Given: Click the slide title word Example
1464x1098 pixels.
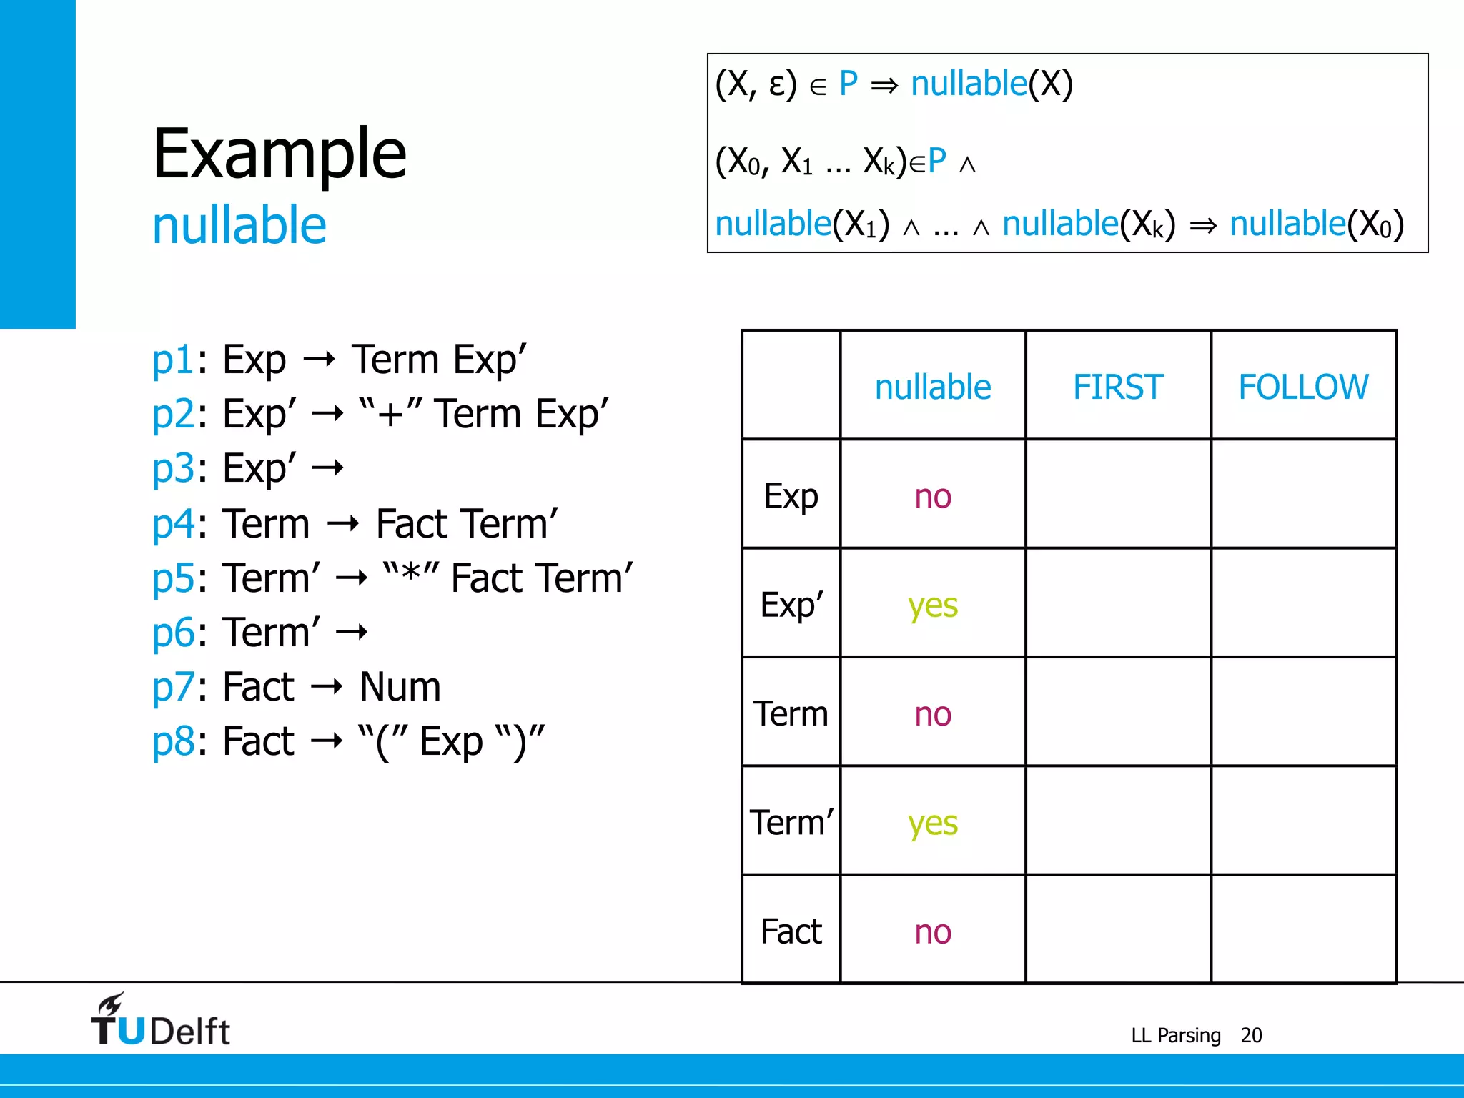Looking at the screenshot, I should [x=280, y=154].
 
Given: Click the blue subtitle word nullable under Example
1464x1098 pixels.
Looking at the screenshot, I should [x=239, y=226].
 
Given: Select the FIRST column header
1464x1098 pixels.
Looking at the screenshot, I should [x=1118, y=387].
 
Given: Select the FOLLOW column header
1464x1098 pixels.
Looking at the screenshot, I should [x=1303, y=387].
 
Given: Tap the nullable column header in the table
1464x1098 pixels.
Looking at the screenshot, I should [x=933, y=387].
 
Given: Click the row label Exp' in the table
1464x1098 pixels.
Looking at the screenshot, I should [x=791, y=605].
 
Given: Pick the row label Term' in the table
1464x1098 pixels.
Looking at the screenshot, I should [x=791, y=822].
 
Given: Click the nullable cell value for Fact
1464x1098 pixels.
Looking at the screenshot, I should [x=933, y=931].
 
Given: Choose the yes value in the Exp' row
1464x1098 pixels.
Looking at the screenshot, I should [x=933, y=606].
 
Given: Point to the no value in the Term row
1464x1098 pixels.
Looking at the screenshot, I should [x=933, y=714].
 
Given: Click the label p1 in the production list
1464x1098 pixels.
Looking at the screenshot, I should [x=172, y=360].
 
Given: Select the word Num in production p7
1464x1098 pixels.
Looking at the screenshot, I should [x=400, y=687].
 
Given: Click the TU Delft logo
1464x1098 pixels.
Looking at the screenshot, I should [x=160, y=1021].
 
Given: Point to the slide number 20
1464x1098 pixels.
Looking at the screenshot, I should [x=1251, y=1035].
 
